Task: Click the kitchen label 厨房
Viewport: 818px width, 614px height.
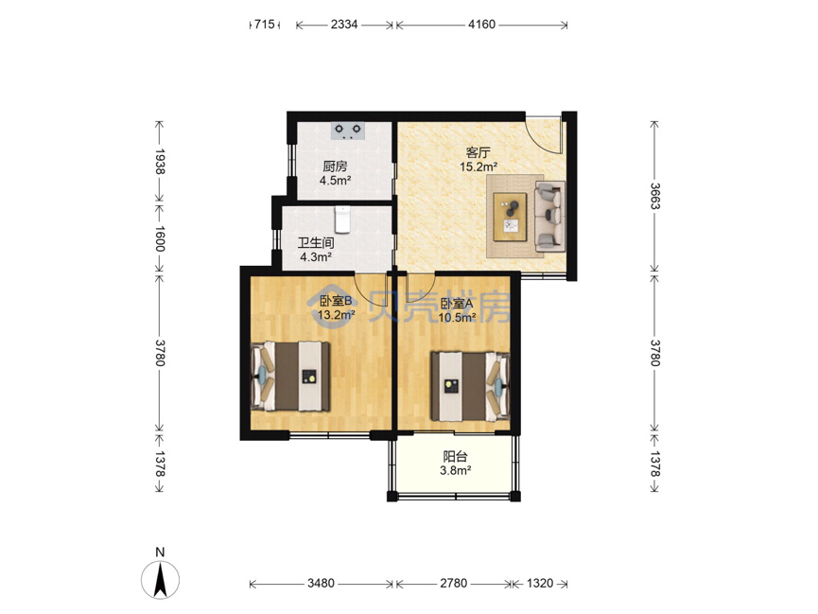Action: tap(335, 167)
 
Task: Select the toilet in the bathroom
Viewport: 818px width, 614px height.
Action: tap(342, 219)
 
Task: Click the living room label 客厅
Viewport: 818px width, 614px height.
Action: tap(478, 153)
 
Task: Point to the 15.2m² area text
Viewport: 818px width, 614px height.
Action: tap(478, 167)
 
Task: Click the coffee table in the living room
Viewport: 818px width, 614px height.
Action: tap(511, 217)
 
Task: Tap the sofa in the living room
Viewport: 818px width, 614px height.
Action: tap(549, 216)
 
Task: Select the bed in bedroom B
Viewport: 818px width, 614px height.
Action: tap(290, 376)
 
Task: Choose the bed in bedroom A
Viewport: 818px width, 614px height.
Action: tap(469, 386)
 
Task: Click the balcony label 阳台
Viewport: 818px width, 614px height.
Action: tap(455, 456)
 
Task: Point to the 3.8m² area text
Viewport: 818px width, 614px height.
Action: tap(456, 470)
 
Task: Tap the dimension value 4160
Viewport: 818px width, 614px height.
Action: tap(481, 24)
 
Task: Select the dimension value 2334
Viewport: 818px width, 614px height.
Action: tap(344, 24)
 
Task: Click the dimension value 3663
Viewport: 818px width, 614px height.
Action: tap(654, 196)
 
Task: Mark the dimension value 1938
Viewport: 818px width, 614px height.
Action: tap(160, 162)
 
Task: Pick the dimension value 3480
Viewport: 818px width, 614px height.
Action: tap(321, 583)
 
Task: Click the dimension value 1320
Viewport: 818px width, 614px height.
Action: tap(539, 583)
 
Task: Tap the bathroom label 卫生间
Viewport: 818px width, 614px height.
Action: tap(316, 243)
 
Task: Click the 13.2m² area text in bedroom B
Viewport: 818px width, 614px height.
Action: tap(337, 315)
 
